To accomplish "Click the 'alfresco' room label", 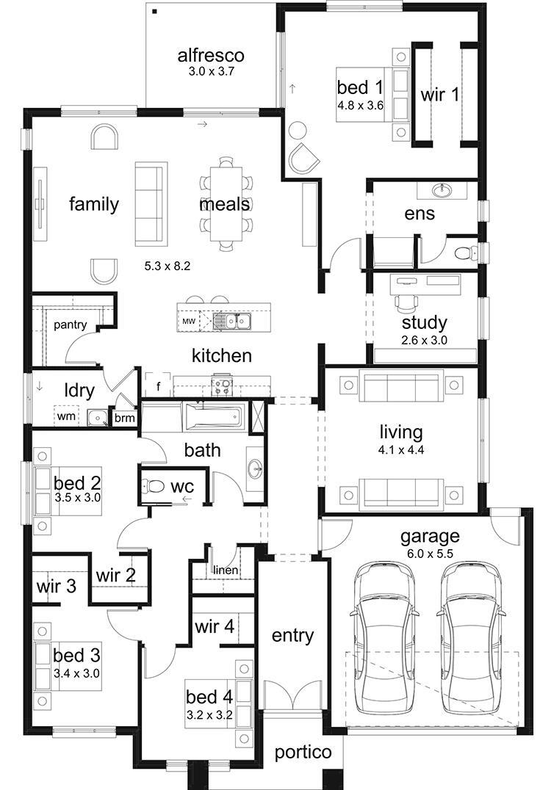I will tap(210, 55).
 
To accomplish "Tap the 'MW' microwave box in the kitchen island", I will tap(189, 322).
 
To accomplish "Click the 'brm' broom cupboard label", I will tap(123, 418).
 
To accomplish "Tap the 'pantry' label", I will tap(70, 324).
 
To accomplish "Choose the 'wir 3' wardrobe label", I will tap(56, 587).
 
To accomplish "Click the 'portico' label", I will tap(303, 753).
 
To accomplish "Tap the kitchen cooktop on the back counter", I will tap(222, 383).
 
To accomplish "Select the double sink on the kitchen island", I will tap(233, 321).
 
